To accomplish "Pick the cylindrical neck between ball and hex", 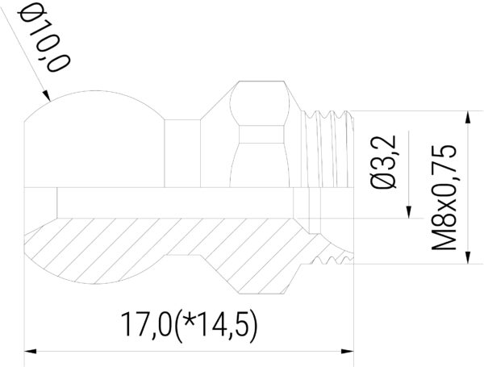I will point(181,153).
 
